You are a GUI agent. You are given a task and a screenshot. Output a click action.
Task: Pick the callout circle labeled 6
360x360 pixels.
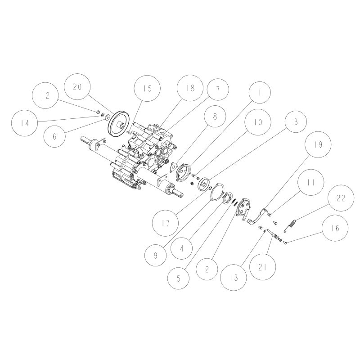54,137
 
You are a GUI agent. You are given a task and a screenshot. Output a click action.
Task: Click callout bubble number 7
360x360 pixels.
218,89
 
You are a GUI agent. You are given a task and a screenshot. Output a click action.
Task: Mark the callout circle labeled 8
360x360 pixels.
215,116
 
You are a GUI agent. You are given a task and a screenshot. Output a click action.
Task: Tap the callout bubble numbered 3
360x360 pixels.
295,121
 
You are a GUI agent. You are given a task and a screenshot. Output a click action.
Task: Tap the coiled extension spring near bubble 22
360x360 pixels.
291,224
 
